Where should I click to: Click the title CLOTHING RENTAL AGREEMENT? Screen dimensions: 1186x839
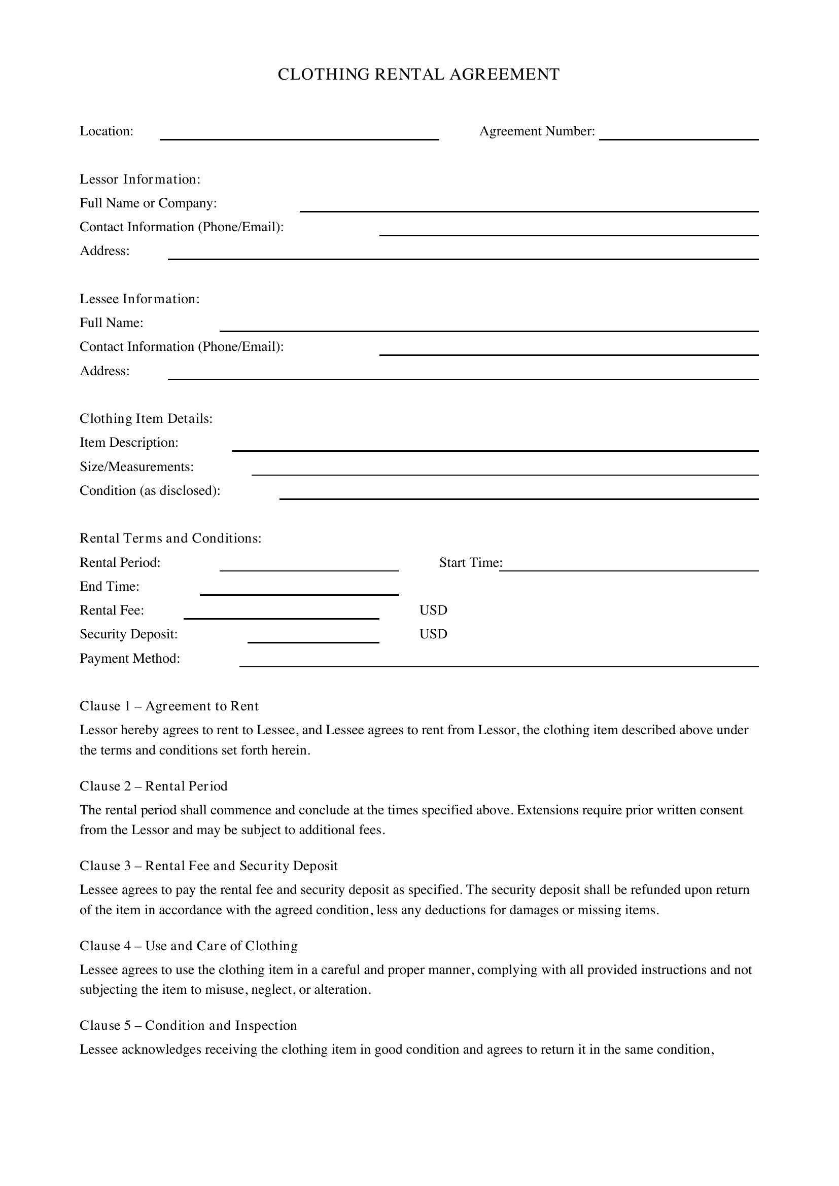(418, 75)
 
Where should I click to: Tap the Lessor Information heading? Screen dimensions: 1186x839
(139, 179)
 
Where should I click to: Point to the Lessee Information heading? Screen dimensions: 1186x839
(139, 299)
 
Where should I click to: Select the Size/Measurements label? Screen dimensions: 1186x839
(136, 467)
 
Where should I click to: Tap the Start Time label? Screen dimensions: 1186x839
(470, 562)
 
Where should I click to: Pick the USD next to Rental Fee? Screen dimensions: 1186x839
(433, 610)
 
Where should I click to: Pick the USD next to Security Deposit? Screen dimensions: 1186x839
(433, 634)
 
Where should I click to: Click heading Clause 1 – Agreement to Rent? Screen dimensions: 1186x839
(169, 706)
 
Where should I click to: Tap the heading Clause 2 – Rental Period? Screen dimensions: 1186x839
(153, 786)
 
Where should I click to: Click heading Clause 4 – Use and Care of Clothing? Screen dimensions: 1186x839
(189, 946)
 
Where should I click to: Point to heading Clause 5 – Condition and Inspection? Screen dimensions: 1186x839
(188, 1025)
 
